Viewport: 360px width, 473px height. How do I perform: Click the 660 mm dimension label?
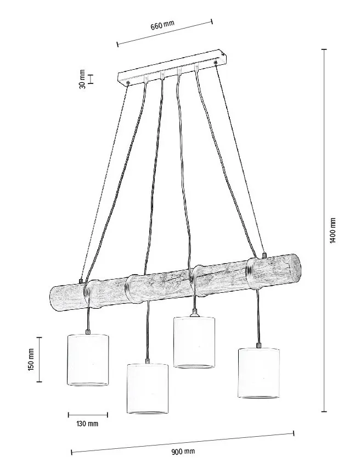162,25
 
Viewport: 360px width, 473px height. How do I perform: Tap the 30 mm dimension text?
82,79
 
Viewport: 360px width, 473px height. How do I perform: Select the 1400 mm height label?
333,230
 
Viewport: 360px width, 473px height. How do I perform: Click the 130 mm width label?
87,424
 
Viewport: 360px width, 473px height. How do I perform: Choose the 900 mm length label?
183,452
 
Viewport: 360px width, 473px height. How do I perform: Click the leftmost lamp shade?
87,360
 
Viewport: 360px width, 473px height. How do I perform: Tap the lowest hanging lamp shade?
147,388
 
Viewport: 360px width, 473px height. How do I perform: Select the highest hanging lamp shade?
194,342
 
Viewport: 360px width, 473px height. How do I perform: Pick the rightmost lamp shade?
259,373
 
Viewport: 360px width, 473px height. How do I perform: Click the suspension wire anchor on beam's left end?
81,281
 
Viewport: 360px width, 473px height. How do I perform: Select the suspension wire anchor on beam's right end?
264,255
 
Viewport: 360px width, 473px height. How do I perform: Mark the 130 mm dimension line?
88,415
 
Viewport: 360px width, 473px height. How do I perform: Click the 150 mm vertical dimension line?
39,360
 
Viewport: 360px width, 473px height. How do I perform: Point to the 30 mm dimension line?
91,79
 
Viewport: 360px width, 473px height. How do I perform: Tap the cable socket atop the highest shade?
195,313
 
